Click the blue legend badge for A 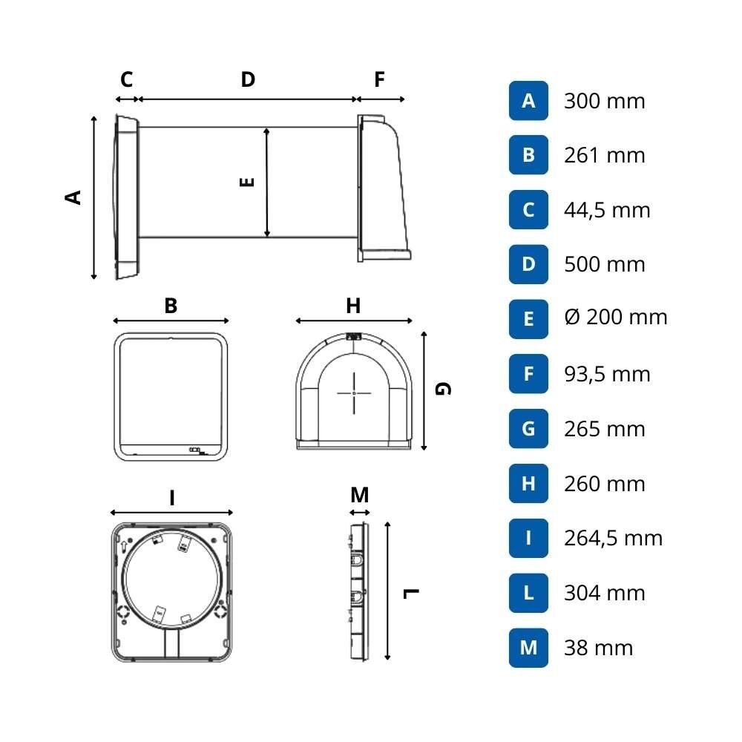(528, 101)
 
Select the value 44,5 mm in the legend (607, 210)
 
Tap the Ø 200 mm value (615, 318)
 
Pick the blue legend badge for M (528, 648)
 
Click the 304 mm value (605, 593)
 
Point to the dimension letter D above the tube (248, 79)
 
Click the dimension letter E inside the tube (248, 181)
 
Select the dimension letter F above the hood (380, 79)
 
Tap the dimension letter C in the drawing (126, 79)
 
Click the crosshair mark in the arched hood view (354, 393)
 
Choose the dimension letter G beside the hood (442, 389)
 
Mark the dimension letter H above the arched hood (353, 306)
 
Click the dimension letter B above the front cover (171, 306)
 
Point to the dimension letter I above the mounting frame (171, 498)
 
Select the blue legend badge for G (528, 429)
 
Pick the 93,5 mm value (607, 374)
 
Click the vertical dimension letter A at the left (73, 197)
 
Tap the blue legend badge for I (528, 538)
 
